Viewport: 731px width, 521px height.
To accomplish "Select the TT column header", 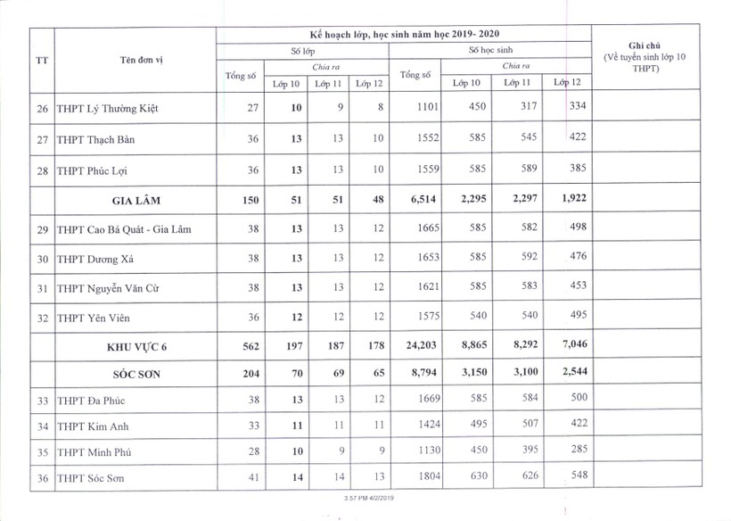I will coord(42,62).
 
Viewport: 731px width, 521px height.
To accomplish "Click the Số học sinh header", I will coord(491,51).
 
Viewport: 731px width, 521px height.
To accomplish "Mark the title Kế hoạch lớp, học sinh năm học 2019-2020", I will coord(406,34).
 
